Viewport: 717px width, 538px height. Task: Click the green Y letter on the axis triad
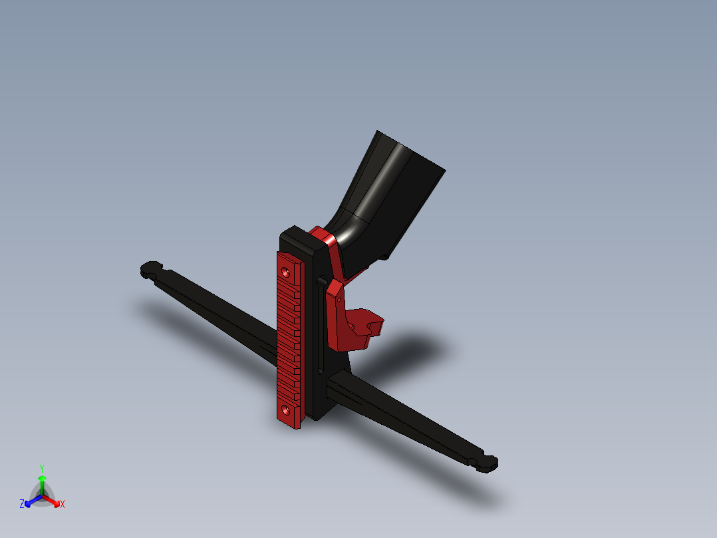(x=41, y=467)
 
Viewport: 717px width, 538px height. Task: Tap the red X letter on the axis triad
(x=63, y=505)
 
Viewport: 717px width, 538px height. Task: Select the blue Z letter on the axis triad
(x=22, y=505)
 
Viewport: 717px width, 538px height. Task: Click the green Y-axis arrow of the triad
(x=42, y=483)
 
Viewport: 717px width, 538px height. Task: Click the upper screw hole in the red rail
(x=286, y=272)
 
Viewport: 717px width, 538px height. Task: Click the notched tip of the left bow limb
(x=152, y=269)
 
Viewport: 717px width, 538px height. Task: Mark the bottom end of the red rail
(x=289, y=421)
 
